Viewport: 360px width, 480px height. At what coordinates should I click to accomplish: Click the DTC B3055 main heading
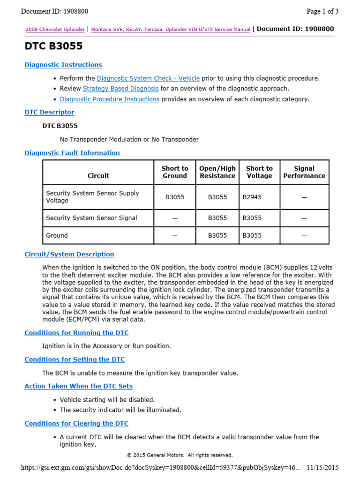pyautogui.click(x=53, y=46)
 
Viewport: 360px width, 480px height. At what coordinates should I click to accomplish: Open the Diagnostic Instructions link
pyautogui.click(x=63, y=65)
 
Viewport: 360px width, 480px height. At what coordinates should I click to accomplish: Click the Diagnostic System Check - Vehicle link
pyautogui.click(x=148, y=78)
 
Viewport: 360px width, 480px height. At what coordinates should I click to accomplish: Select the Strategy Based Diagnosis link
pyautogui.click(x=121, y=89)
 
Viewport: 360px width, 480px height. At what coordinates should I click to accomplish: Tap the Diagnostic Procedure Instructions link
pyautogui.click(x=109, y=99)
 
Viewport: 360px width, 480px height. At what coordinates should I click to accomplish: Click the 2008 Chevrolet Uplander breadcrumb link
pyautogui.click(x=55, y=30)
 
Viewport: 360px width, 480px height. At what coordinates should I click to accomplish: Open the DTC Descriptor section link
pyautogui.click(x=49, y=112)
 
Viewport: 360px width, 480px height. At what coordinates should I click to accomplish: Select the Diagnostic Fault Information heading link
pyautogui.click(x=72, y=153)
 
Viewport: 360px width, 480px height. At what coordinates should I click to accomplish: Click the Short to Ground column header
pyautogui.click(x=175, y=172)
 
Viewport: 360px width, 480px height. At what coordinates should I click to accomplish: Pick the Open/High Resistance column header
pyautogui.click(x=217, y=172)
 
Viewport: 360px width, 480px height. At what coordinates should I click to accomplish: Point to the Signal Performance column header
pyautogui.click(x=304, y=172)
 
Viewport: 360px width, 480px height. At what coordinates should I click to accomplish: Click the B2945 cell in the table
pyautogui.click(x=252, y=197)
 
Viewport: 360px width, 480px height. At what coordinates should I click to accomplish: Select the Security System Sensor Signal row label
pyautogui.click(x=91, y=218)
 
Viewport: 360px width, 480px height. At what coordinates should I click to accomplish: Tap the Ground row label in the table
pyautogui.click(x=57, y=235)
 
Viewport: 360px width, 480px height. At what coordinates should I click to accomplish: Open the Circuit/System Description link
pyautogui.click(x=69, y=254)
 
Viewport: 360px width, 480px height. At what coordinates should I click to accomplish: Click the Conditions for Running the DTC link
pyautogui.click(x=76, y=333)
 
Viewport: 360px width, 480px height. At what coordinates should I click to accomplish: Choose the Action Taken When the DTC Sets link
pyautogui.click(x=78, y=386)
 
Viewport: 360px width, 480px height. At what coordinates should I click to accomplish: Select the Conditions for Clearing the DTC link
pyautogui.click(x=76, y=423)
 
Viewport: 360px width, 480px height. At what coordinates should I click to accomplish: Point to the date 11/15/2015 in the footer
pyautogui.click(x=322, y=468)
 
